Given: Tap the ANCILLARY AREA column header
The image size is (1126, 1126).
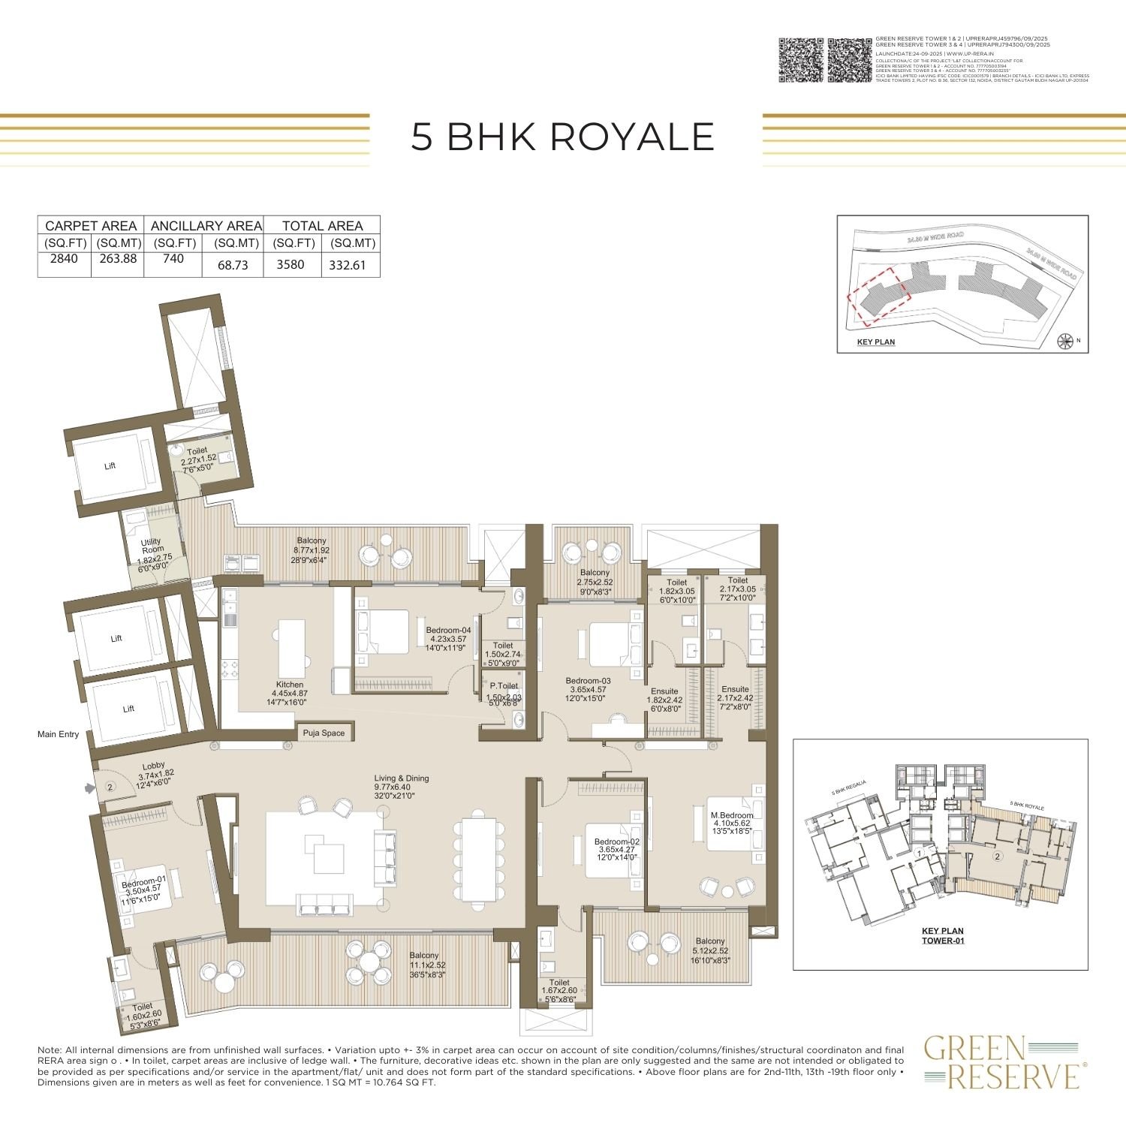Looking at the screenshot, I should point(206,226).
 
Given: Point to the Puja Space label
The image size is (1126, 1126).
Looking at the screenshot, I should point(324,733).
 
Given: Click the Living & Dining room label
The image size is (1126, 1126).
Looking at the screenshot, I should point(402,778).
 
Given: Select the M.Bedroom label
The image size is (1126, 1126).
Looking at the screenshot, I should point(732,815).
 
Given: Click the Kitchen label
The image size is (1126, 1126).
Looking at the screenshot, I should point(290,685).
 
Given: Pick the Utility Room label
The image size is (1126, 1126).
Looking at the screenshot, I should point(152,546).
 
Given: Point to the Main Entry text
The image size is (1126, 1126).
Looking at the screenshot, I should point(58,734).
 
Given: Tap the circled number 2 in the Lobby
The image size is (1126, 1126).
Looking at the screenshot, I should point(110,787).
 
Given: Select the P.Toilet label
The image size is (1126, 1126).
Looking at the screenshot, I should point(504,685).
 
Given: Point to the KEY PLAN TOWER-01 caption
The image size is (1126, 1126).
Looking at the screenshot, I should point(942,935).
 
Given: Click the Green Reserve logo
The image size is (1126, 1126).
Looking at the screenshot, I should point(1001,1061).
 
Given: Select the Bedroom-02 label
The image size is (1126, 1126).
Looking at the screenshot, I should point(616,841).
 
